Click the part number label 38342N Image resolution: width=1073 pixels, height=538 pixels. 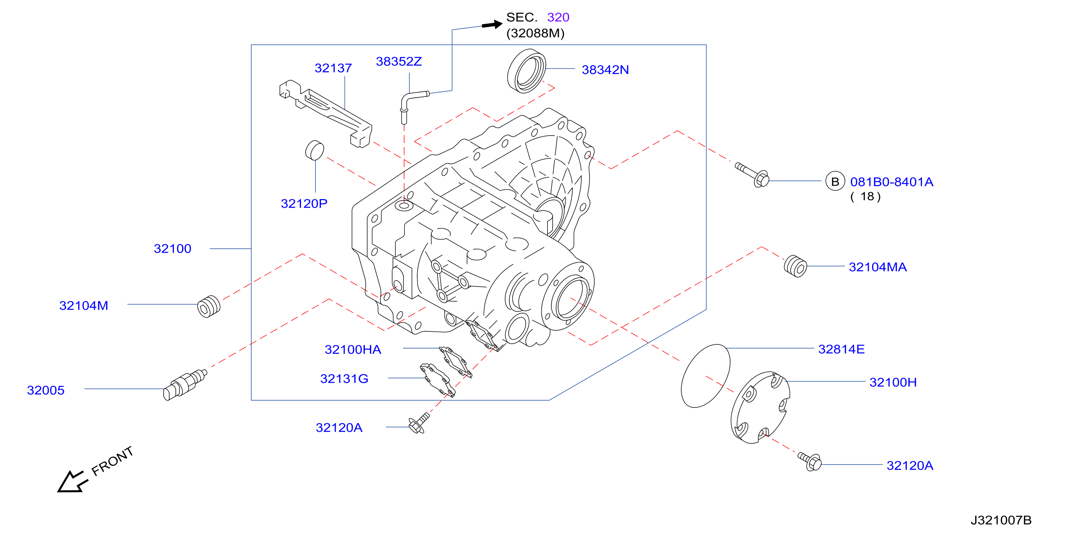(605, 70)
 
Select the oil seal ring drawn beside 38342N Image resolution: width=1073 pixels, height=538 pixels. (527, 71)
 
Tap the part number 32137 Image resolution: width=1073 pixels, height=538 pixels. (333, 68)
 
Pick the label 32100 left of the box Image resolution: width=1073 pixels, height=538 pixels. (172, 249)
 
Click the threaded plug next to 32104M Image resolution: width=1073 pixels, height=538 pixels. (209, 307)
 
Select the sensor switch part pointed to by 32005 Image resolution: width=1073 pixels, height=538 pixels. (185, 385)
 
